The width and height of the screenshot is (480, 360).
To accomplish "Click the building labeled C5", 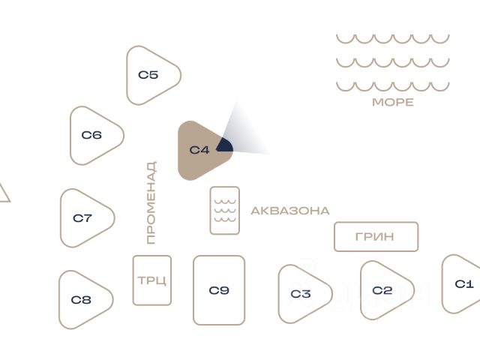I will (x=151, y=75).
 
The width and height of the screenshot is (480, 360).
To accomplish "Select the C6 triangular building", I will (x=94, y=135).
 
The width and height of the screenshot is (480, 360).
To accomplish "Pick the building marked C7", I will (x=85, y=218).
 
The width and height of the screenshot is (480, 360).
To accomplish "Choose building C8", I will (x=83, y=300).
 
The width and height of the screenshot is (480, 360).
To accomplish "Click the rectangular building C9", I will (x=219, y=290).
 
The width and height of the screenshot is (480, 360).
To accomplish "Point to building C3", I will (x=301, y=294).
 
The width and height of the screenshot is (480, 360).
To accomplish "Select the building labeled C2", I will (x=383, y=290).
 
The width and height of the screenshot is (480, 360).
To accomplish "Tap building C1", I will (x=463, y=283).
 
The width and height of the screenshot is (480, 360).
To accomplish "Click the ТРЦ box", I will (x=152, y=280).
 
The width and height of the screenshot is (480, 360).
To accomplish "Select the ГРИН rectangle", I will (x=376, y=237).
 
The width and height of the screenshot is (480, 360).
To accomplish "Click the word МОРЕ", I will (x=393, y=102).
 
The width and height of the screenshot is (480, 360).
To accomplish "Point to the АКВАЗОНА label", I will (x=289, y=211).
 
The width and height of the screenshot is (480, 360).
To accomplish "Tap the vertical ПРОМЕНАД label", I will (x=151, y=202).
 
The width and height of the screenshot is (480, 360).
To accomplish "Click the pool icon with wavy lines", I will (x=225, y=211).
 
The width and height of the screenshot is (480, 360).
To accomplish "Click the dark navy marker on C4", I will (x=225, y=145).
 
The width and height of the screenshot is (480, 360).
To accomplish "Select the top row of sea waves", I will (x=392, y=38).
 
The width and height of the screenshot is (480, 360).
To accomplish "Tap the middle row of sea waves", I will (x=392, y=62).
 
